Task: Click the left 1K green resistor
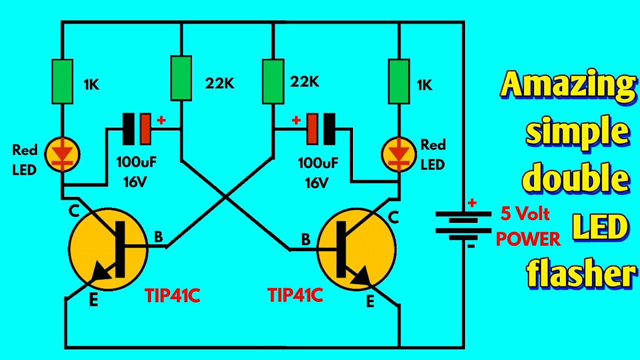point(62,81)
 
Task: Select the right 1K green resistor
point(399,81)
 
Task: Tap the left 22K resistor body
point(181,77)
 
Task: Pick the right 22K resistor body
point(273,80)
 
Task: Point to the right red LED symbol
point(398,153)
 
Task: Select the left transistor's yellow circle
point(108,248)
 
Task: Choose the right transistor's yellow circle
point(356,248)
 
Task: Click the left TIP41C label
point(172,296)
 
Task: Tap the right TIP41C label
point(295,295)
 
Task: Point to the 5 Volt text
point(525,214)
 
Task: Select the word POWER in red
point(528,239)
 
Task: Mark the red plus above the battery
point(471,203)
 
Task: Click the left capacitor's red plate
point(145,129)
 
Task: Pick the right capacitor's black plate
point(329,129)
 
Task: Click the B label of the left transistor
point(158,237)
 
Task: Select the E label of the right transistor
point(370,302)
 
